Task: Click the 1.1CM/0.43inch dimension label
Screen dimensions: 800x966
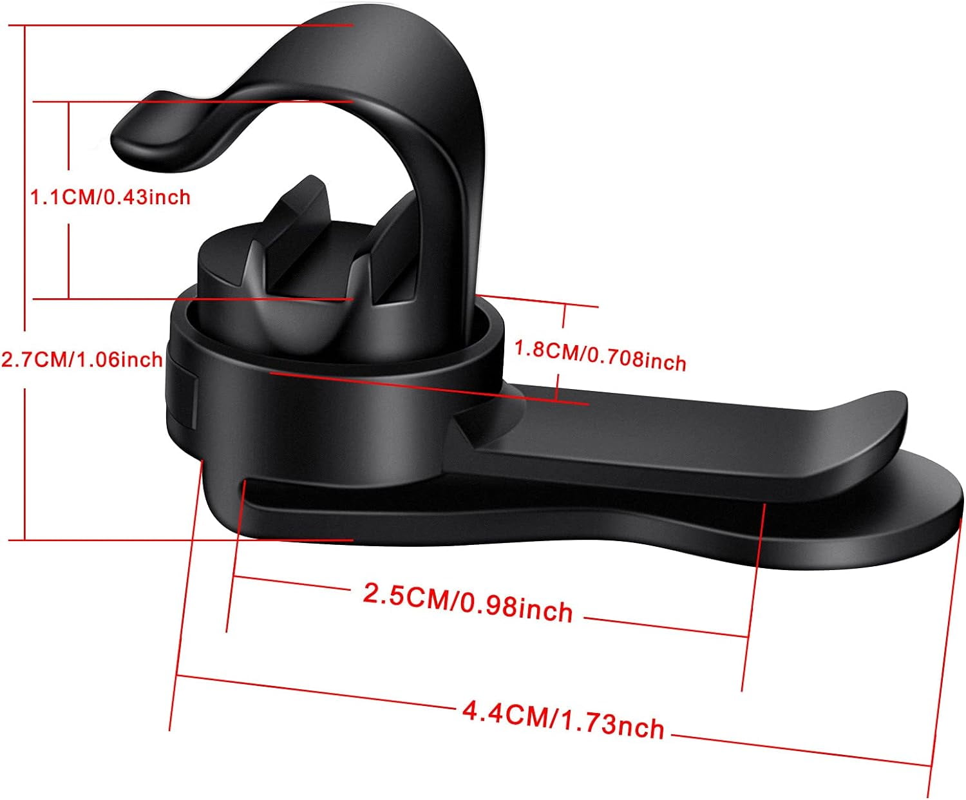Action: coord(110,196)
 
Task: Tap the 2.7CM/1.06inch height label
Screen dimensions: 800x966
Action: coord(81,359)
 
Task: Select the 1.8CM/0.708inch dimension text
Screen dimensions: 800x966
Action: coord(600,355)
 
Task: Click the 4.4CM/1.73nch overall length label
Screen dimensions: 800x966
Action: coord(563,719)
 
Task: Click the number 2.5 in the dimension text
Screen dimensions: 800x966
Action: coord(384,593)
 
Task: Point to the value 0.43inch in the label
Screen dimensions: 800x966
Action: coord(147,196)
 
